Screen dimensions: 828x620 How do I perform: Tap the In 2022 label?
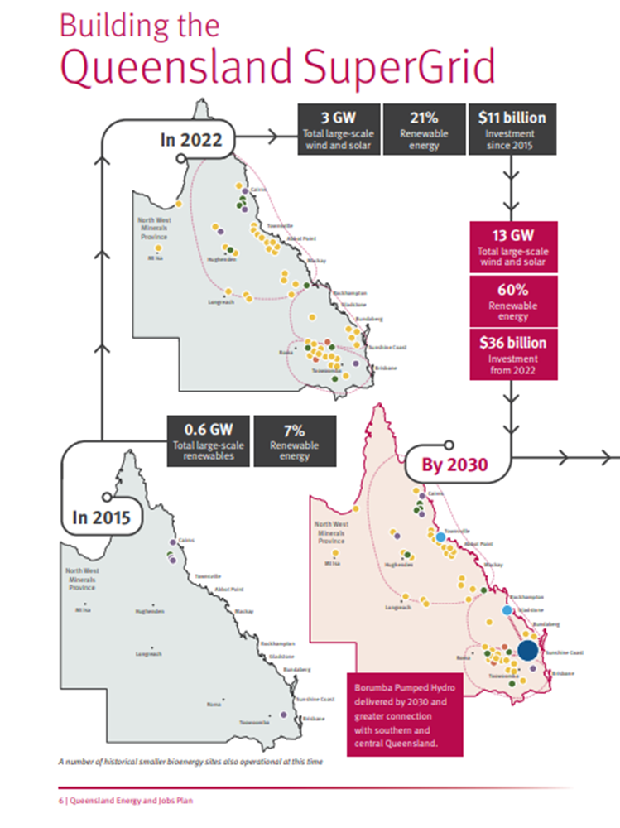[x=191, y=139]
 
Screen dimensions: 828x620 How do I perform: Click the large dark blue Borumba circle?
[x=527, y=650]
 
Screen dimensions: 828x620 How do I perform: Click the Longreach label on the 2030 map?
[x=398, y=607]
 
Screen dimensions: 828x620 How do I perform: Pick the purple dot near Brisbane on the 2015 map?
[x=284, y=713]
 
